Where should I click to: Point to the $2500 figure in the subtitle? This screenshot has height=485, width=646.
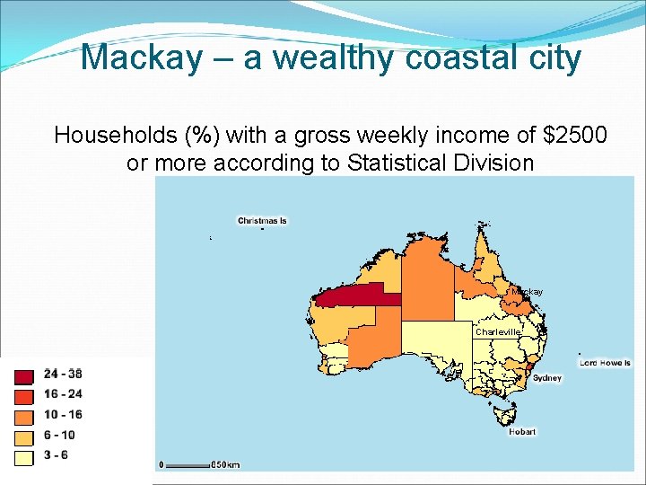click(575, 136)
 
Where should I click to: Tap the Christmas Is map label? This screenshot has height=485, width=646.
click(262, 221)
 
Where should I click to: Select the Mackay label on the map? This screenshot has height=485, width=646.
click(527, 292)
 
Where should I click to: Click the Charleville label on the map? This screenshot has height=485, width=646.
click(498, 331)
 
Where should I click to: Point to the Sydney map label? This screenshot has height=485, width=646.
click(547, 378)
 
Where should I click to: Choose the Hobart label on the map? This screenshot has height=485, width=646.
click(522, 432)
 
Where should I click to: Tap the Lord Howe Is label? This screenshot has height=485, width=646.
click(605, 363)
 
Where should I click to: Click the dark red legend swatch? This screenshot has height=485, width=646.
click(24, 377)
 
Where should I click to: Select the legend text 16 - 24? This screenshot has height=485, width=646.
click(63, 394)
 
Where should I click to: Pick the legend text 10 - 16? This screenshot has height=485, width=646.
click(63, 415)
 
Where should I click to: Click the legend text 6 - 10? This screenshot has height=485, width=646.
click(60, 436)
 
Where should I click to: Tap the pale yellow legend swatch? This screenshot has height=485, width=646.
click(24, 457)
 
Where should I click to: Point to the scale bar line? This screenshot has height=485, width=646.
click(187, 464)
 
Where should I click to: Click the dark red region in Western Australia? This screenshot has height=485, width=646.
click(354, 296)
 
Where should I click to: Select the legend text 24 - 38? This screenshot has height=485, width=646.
click(63, 374)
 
